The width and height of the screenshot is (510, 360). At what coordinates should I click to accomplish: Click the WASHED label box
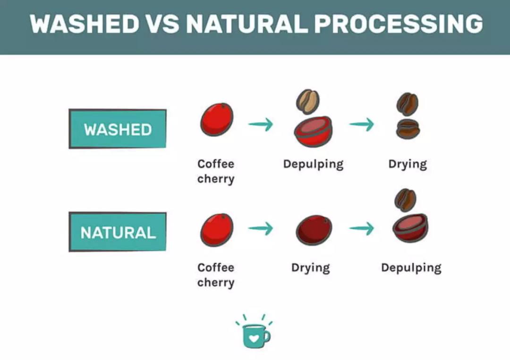pyautogui.click(x=118, y=129)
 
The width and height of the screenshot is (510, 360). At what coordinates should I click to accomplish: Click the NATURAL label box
pyautogui.click(x=118, y=232)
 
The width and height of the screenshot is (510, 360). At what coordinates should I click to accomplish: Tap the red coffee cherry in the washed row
pyautogui.click(x=217, y=119)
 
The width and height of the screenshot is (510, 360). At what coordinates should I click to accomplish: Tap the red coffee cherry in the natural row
pyautogui.click(x=217, y=230)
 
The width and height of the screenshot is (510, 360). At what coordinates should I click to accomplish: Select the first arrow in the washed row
pyautogui.click(x=261, y=124)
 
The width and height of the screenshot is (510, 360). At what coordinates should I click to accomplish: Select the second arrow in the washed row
pyautogui.click(x=362, y=124)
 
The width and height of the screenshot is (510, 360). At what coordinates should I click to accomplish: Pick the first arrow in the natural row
pyautogui.click(x=261, y=228)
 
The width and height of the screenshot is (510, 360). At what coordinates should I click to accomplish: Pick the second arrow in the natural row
pyautogui.click(x=362, y=228)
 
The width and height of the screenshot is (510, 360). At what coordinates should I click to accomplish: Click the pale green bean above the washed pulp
pyautogui.click(x=308, y=102)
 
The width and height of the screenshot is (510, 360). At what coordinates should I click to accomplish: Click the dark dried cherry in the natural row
pyautogui.click(x=314, y=230)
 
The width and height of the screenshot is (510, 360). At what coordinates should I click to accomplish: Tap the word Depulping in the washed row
pyautogui.click(x=313, y=164)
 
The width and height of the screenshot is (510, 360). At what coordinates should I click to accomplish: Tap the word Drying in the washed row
pyautogui.click(x=408, y=164)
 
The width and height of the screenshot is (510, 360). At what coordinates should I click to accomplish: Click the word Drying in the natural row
pyautogui.click(x=311, y=268)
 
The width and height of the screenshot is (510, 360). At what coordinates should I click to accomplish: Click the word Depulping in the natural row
pyautogui.click(x=411, y=268)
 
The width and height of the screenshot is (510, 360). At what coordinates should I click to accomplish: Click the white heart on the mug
pyautogui.click(x=254, y=338)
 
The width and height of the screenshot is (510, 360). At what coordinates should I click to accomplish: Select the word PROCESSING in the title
pyautogui.click(x=399, y=24)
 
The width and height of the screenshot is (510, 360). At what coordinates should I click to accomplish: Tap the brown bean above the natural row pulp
pyautogui.click(x=405, y=200)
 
